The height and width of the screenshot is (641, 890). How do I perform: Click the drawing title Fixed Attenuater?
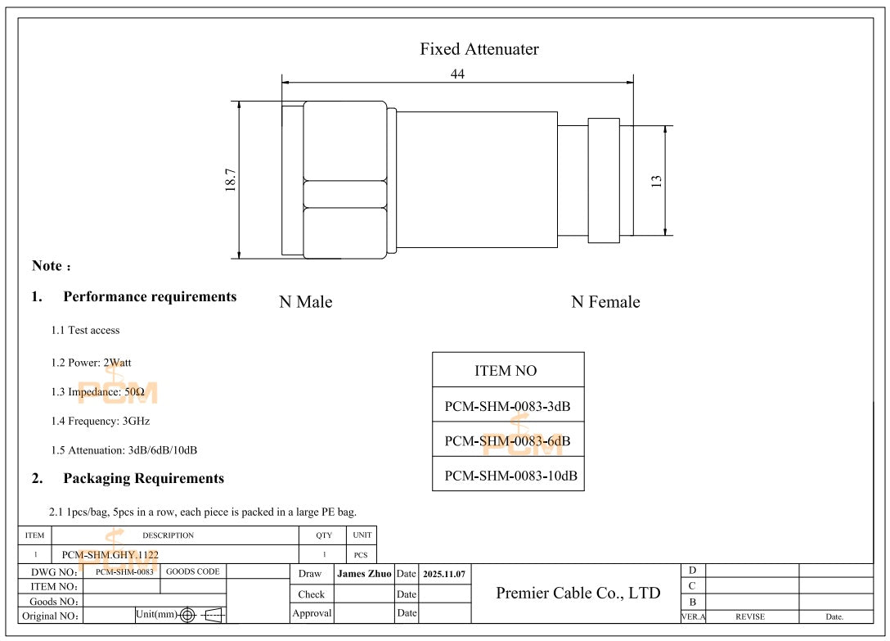pyautogui.click(x=479, y=49)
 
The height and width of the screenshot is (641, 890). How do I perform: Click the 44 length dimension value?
pyautogui.click(x=457, y=74)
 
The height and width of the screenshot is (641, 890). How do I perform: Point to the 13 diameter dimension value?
pyautogui.click(x=656, y=181)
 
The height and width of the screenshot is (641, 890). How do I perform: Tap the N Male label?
pyautogui.click(x=306, y=302)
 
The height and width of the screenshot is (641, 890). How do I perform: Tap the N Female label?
pyautogui.click(x=605, y=302)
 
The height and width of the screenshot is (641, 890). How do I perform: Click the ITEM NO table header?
pyautogui.click(x=506, y=371)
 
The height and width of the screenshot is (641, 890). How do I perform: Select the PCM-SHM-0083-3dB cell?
pyautogui.click(x=507, y=406)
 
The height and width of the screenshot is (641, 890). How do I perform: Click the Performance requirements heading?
pyautogui.click(x=150, y=296)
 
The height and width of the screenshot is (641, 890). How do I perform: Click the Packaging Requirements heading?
pyautogui.click(x=143, y=478)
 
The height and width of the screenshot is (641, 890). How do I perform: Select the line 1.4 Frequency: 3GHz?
pyautogui.click(x=101, y=421)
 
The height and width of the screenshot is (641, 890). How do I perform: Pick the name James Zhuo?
pyautogui.click(x=364, y=574)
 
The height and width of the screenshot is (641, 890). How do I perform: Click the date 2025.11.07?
pyautogui.click(x=444, y=575)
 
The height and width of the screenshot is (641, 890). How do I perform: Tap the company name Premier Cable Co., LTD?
pyautogui.click(x=578, y=593)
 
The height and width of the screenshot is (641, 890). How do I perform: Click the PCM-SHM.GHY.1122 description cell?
pyautogui.click(x=110, y=554)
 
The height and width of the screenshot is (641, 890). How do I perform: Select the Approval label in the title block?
pyautogui.click(x=312, y=613)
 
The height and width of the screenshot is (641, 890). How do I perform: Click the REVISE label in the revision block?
pyautogui.click(x=750, y=616)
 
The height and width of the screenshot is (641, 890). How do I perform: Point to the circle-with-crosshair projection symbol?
pyautogui.click(x=187, y=615)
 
